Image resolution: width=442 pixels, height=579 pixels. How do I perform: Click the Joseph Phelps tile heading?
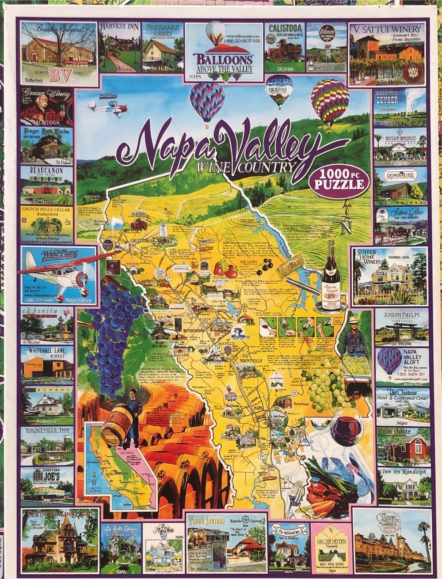point(396,314)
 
